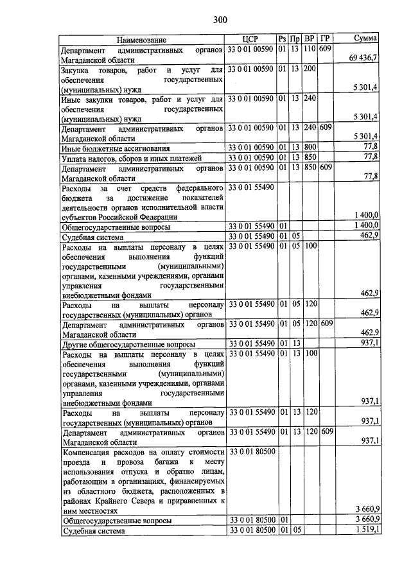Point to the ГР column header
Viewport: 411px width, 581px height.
(326, 40)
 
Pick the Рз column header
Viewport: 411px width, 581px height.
(282, 40)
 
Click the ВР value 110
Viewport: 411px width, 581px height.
(311, 49)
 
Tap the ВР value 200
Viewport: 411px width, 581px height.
(311, 69)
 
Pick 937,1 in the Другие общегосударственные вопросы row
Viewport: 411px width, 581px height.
(370, 343)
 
